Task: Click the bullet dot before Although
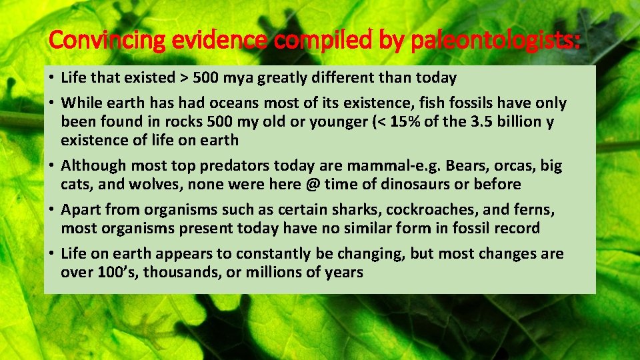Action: [51, 165]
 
